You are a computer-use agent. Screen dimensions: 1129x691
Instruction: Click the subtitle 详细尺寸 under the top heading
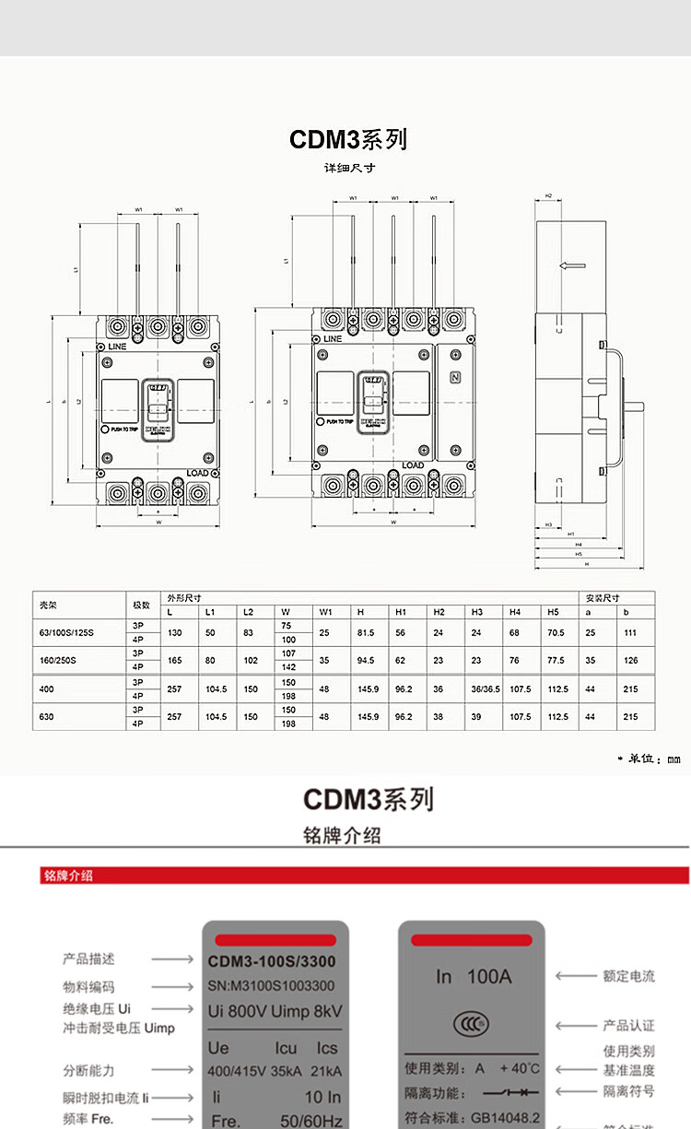point(349,169)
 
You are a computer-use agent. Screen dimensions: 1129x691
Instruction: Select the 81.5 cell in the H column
point(366,632)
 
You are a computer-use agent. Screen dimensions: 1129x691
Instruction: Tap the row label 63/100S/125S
point(66,632)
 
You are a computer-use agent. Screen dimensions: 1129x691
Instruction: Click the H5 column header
point(553,612)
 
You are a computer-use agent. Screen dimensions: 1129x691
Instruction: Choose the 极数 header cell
point(141,605)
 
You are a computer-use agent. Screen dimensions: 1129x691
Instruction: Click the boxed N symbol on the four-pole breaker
point(454,377)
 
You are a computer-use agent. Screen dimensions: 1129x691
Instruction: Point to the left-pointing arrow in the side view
point(572,266)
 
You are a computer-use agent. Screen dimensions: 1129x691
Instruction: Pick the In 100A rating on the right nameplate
point(473,976)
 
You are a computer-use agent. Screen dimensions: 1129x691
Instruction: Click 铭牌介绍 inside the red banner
point(68,876)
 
